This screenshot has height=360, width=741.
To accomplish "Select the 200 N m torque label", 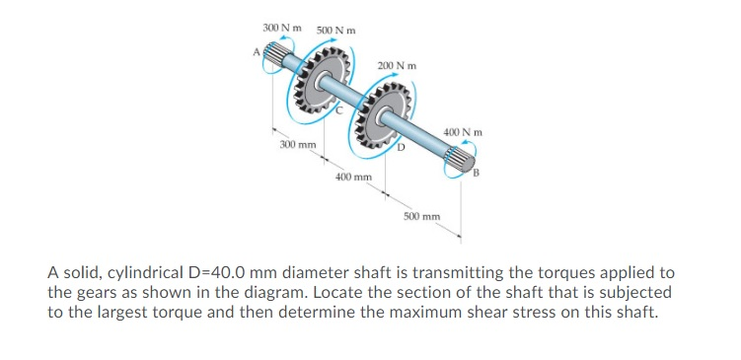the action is click(397, 66).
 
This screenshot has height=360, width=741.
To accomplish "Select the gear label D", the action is click(402, 151).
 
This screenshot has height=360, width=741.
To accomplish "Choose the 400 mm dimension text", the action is click(353, 177).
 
